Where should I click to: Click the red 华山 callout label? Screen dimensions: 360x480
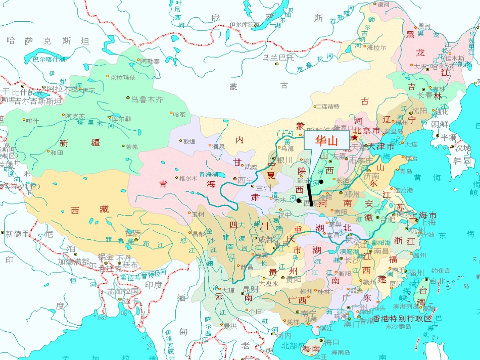point(326,141)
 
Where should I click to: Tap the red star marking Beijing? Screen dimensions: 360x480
point(355,137)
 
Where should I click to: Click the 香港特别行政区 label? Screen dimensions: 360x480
point(403,319)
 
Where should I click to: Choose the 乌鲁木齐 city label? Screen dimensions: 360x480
point(147,99)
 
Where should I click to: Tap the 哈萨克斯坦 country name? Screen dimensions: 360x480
point(47,41)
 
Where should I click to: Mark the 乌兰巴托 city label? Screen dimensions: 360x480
point(278,57)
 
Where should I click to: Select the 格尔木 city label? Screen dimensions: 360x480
point(188,178)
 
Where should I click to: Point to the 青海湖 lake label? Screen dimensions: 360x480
point(209,174)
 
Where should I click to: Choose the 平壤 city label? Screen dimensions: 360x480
point(448,137)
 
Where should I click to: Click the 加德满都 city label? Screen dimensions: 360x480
point(73,262)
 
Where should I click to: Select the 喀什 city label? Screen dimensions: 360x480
point(32,121)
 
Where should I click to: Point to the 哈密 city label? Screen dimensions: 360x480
point(179,115)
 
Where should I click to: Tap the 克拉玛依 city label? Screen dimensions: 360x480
point(123,77)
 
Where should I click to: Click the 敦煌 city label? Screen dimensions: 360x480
point(189,141)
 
